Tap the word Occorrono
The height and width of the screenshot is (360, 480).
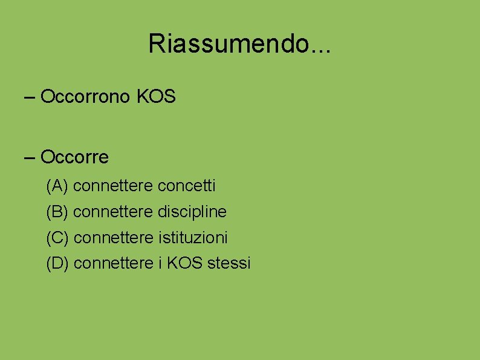pyautogui.click(x=85, y=97)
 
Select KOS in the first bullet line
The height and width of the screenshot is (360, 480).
pyautogui.click(x=157, y=97)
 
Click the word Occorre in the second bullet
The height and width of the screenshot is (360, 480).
pyautogui.click(x=74, y=157)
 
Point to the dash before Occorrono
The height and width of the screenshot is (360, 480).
pyautogui.click(x=30, y=97)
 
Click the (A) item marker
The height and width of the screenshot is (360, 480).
pyautogui.click(x=57, y=186)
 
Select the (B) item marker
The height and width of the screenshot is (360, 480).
pyautogui.click(x=57, y=212)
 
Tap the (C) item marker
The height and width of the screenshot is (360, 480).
pyautogui.click(x=57, y=238)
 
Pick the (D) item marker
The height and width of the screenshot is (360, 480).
pyautogui.click(x=57, y=264)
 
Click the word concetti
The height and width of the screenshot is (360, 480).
pyautogui.click(x=186, y=186)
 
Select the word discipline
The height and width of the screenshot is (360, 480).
pyautogui.click(x=192, y=212)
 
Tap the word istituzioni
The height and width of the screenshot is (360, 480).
pyautogui.click(x=193, y=238)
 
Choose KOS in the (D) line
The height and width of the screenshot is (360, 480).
pyautogui.click(x=185, y=264)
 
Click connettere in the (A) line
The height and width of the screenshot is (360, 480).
pyautogui.click(x=113, y=186)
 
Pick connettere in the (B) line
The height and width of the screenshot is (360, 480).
pyautogui.click(x=113, y=212)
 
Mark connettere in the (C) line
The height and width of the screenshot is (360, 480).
pyautogui.click(x=113, y=238)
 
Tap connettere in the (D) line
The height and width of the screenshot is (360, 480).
pyautogui.click(x=113, y=264)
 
